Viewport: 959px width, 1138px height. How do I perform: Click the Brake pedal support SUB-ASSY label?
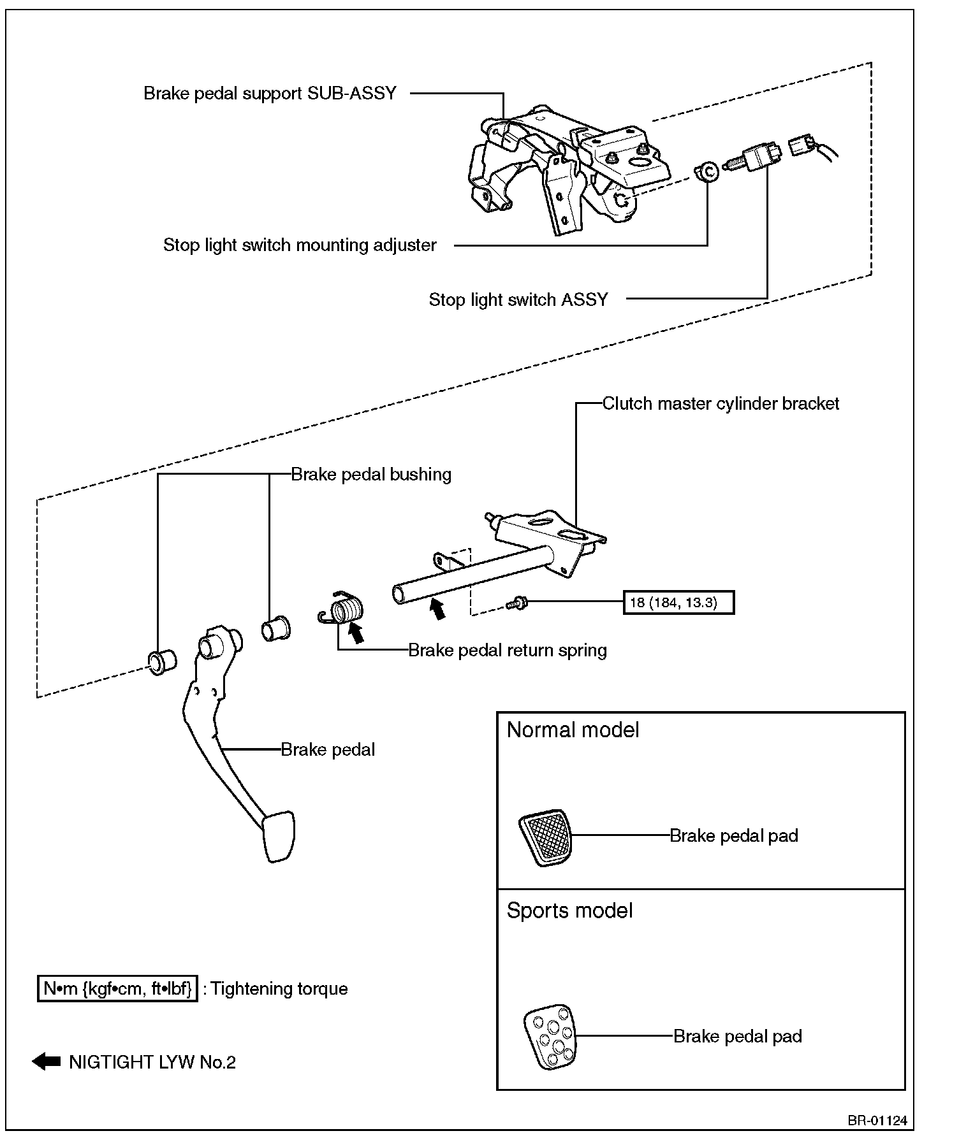(270, 93)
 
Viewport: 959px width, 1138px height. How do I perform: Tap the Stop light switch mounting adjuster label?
(300, 245)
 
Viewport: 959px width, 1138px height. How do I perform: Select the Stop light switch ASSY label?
(518, 299)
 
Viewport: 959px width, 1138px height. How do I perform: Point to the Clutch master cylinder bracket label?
(721, 403)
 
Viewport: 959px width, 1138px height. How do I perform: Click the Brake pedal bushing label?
(371, 474)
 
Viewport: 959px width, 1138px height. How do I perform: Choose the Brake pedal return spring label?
(507, 650)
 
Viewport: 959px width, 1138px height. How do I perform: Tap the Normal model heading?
(573, 730)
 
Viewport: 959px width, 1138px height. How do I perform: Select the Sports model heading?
(569, 911)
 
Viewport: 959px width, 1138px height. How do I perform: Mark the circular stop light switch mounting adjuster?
(706, 171)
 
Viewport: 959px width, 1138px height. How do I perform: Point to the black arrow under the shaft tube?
(437, 609)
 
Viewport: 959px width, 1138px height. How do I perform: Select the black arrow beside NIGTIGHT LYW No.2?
(46, 1062)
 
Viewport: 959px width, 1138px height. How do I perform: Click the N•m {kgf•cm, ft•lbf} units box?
(117, 988)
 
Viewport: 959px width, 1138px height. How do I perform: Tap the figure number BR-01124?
(877, 1121)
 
